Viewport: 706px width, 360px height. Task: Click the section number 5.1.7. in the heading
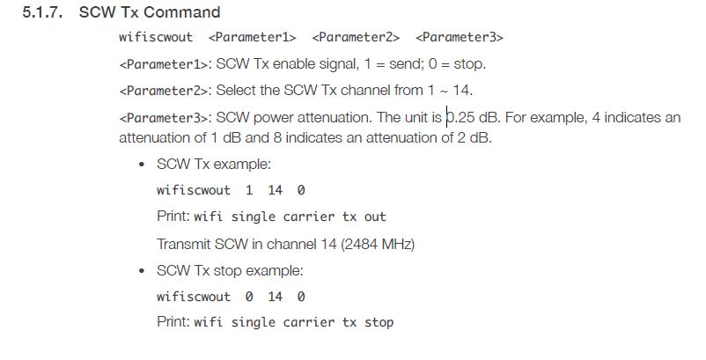pos(42,12)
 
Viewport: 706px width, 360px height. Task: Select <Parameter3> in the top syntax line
pos(460,37)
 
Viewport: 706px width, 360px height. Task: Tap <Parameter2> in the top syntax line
pos(356,37)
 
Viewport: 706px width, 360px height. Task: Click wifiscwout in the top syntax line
pos(156,37)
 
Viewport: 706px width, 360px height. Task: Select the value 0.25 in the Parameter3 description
pos(460,117)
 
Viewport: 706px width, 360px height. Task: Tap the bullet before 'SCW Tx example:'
pos(143,165)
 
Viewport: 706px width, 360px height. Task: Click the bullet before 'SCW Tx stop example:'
pos(143,271)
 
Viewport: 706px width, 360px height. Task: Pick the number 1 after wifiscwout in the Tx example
pos(249,190)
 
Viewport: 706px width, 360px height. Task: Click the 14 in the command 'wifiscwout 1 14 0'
pos(276,190)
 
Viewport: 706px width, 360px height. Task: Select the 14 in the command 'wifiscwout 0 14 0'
pos(276,297)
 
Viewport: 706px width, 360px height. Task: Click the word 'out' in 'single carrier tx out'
pos(375,217)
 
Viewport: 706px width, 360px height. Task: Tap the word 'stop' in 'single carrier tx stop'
pos(379,323)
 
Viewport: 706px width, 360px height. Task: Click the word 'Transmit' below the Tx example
pos(184,244)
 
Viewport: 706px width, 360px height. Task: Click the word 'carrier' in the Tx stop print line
pos(308,323)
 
